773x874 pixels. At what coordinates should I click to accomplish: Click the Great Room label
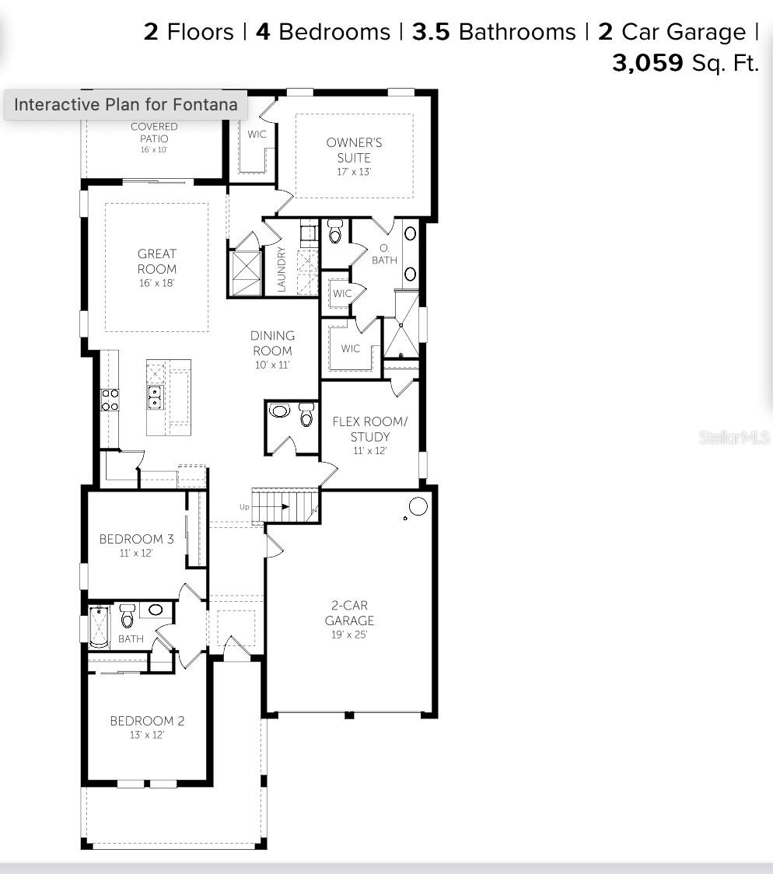[x=156, y=261]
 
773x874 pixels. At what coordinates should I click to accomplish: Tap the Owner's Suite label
[x=354, y=150]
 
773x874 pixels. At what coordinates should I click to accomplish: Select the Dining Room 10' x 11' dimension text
[x=272, y=365]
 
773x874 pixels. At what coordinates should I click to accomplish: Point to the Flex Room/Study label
[x=370, y=429]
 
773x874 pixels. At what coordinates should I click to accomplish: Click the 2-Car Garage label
[x=349, y=613]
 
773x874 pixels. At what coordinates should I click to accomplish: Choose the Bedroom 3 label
[x=137, y=539]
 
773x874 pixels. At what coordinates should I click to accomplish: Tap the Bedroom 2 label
[x=147, y=721]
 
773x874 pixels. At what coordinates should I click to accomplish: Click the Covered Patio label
[x=155, y=133]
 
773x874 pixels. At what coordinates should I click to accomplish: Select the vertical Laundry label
[x=282, y=270]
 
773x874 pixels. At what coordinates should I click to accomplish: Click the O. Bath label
[x=384, y=254]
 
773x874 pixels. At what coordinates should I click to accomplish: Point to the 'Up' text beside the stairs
[x=244, y=507]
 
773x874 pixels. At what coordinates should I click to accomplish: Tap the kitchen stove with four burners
[x=110, y=400]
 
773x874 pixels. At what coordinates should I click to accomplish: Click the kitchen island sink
[x=155, y=397]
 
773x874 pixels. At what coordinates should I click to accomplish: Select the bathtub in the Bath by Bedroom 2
[x=100, y=627]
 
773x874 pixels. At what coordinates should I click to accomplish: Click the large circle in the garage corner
[x=418, y=506]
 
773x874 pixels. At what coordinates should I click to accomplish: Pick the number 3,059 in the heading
[x=648, y=63]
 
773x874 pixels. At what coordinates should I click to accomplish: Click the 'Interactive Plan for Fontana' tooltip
[x=126, y=104]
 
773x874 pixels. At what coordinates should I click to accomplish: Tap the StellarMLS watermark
[x=735, y=438]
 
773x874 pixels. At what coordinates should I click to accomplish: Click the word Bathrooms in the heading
[x=517, y=32]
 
